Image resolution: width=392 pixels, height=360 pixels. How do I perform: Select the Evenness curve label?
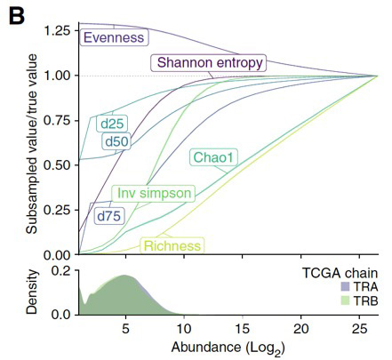coord(114,38)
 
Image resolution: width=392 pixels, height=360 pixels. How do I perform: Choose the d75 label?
coord(107,214)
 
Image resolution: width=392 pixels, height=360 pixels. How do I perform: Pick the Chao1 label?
coord(214,158)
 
